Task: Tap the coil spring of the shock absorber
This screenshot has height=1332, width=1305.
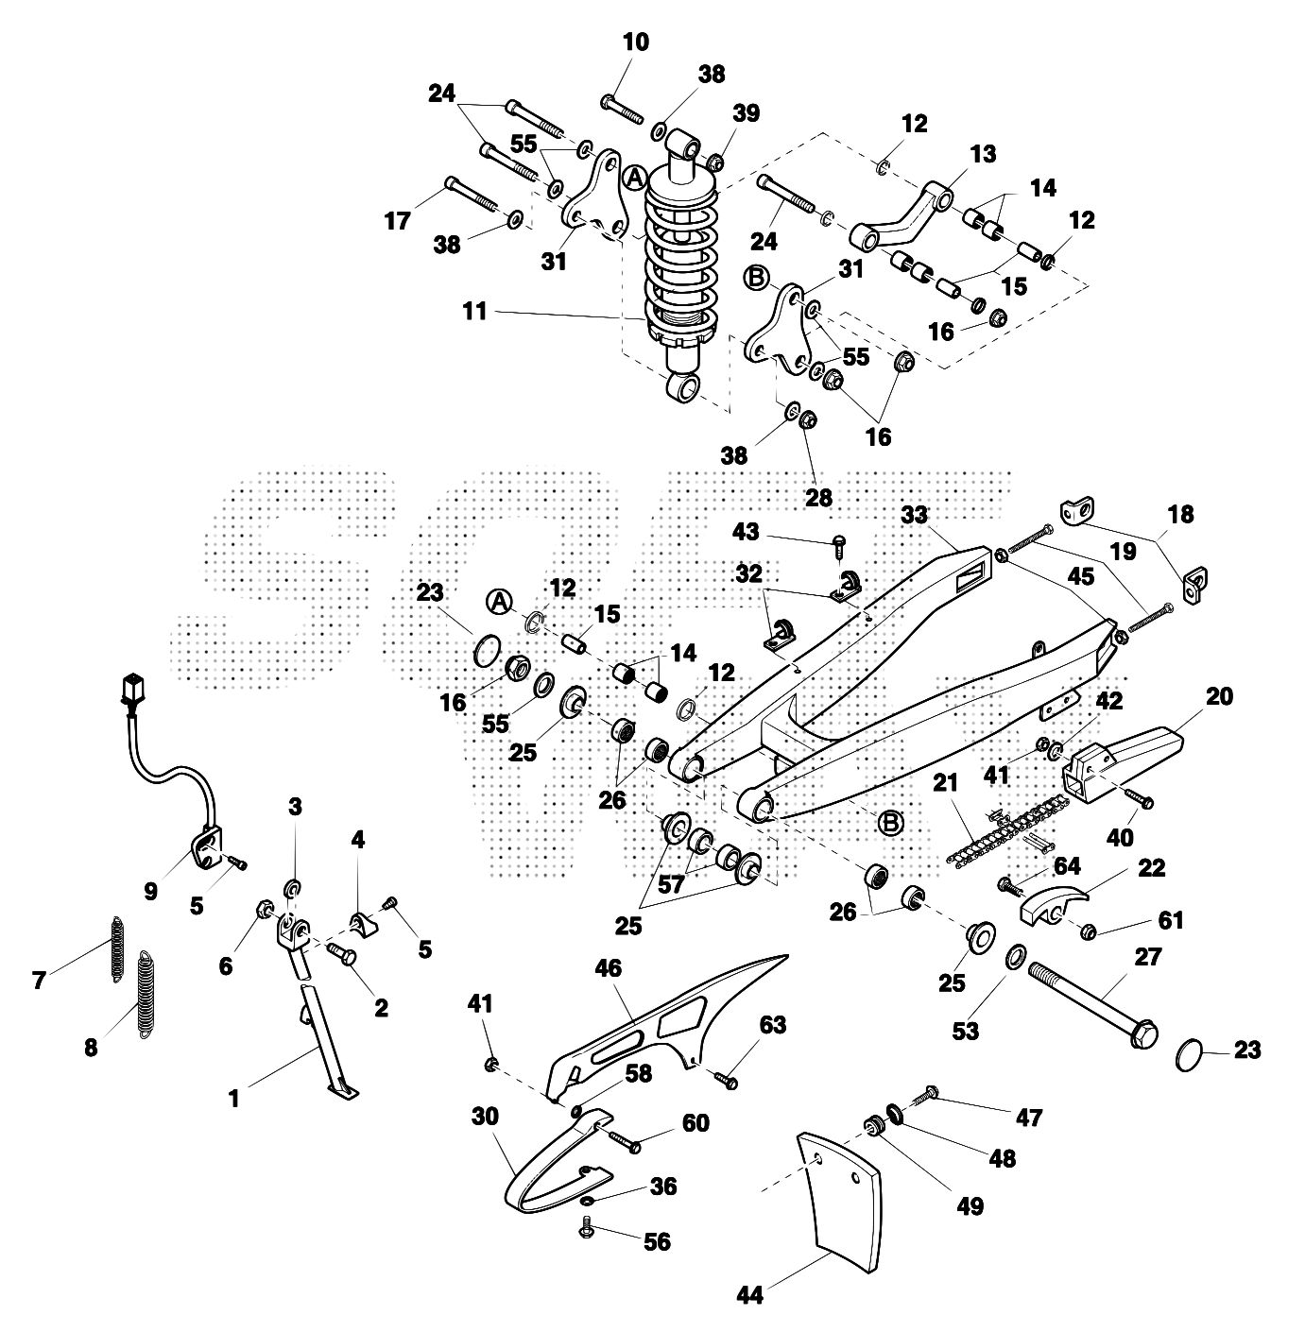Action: point(678,265)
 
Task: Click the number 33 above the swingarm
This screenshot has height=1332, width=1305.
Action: point(914,515)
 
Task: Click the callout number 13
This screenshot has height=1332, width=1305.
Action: point(983,154)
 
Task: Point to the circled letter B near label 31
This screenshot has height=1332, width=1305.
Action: point(755,278)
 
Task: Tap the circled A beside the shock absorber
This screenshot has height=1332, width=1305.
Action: point(635,178)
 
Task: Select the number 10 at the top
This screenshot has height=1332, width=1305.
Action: point(636,43)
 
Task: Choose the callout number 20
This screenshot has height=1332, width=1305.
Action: point(1220,696)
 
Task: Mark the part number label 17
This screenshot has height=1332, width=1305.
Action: point(398,221)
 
